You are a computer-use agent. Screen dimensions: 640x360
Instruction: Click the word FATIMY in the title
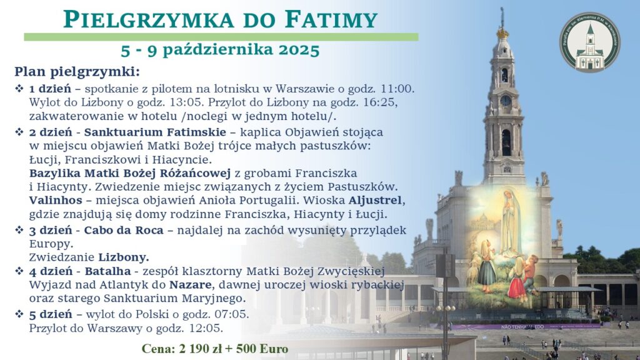[x=331, y=19]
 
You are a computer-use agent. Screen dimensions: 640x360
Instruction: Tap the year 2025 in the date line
[x=299, y=50]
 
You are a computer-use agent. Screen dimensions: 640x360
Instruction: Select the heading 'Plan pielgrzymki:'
[x=77, y=72]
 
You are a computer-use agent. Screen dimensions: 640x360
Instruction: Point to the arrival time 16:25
[x=384, y=102]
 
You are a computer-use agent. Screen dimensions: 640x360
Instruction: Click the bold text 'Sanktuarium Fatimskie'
[x=155, y=132]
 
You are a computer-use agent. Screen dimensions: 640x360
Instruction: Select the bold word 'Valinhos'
[x=56, y=201]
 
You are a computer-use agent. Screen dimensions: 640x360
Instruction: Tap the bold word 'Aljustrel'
[x=375, y=201]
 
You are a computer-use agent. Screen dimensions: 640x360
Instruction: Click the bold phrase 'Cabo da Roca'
[x=124, y=230]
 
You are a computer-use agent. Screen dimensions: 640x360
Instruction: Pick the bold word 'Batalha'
[x=107, y=271]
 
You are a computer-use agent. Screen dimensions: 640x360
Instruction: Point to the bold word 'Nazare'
[x=191, y=284]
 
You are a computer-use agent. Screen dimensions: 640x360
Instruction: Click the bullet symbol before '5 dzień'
[x=19, y=314]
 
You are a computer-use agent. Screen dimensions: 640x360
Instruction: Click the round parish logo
[x=590, y=42]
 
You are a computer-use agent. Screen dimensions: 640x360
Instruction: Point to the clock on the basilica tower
[x=505, y=101]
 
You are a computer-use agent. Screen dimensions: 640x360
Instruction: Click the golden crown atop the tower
[x=502, y=32]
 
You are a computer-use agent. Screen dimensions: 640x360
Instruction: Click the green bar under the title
[x=221, y=37]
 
